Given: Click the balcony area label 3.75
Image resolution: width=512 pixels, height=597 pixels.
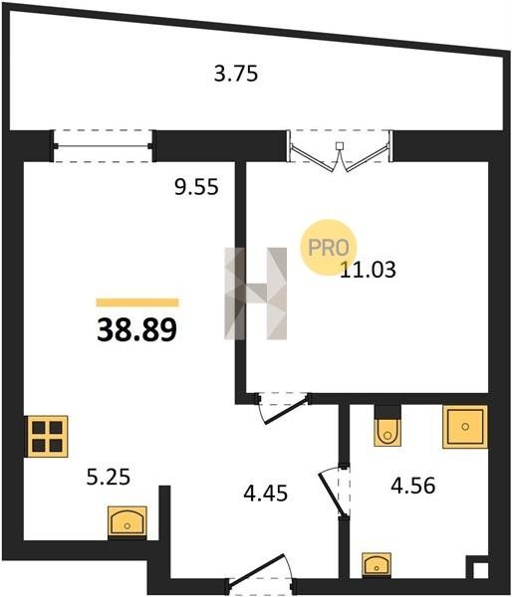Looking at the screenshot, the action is pyautogui.click(x=236, y=74).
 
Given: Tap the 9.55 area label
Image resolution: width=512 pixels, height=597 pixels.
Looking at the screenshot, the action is pyautogui.click(x=196, y=187).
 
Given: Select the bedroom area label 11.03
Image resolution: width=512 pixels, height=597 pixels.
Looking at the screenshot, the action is pyautogui.click(x=368, y=270).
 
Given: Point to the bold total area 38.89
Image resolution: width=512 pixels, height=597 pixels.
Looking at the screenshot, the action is pyautogui.click(x=136, y=329).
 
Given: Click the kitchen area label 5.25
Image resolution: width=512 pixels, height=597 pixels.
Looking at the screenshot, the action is pyautogui.click(x=109, y=477).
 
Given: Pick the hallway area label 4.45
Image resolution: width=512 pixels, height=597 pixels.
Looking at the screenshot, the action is pyautogui.click(x=265, y=494).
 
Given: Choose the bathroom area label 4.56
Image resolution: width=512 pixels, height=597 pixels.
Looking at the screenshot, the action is pyautogui.click(x=412, y=486).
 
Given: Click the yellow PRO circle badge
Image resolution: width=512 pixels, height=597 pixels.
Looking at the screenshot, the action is pyautogui.click(x=328, y=248).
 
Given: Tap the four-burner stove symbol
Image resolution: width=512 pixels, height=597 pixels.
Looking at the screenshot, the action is pyautogui.click(x=47, y=437).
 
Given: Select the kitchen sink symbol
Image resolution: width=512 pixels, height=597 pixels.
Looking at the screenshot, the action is pyautogui.click(x=128, y=520).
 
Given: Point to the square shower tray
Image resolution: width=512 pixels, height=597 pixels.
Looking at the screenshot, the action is pyautogui.click(x=465, y=427).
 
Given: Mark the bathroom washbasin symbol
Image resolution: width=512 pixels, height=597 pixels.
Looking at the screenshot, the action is pyautogui.click(x=377, y=564).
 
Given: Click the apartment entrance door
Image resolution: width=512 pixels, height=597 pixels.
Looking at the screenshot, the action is pyautogui.click(x=261, y=570).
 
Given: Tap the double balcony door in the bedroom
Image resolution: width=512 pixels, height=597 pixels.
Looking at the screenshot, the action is pyautogui.click(x=340, y=151).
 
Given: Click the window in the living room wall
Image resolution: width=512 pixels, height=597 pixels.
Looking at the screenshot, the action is pyautogui.click(x=103, y=146).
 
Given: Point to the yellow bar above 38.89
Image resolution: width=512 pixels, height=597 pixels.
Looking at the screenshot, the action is pyautogui.click(x=137, y=302).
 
